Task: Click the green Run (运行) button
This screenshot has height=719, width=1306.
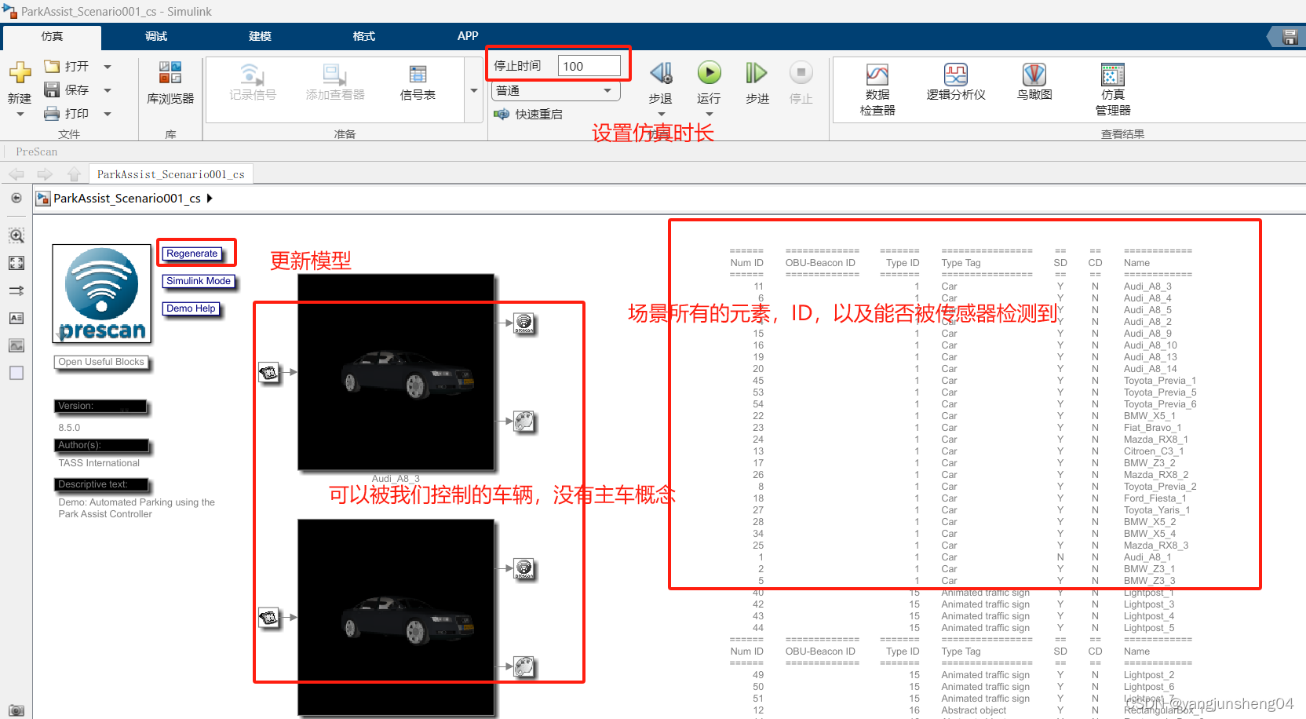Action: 709,74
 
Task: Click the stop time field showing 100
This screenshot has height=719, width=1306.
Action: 589,66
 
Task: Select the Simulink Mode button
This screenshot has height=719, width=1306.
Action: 199,281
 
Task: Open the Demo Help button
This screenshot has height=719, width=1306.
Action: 191,308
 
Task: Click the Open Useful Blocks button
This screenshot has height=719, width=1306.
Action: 101,362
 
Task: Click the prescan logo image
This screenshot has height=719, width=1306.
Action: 102,294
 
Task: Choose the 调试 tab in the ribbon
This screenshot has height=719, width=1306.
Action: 156,36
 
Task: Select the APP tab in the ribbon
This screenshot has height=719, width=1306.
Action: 468,36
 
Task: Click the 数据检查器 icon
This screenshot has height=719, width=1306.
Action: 877,75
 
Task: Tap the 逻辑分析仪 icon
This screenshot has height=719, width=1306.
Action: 955,75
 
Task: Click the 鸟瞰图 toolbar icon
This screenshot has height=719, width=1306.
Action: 1034,75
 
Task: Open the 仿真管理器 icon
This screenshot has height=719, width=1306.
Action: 1112,75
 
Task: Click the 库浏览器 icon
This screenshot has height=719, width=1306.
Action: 170,74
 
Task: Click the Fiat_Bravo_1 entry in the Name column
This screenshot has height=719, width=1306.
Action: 1152,428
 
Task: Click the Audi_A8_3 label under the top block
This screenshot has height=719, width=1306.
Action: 396,479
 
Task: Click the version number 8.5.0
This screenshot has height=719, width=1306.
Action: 69,428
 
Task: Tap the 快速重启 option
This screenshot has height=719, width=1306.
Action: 538,115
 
